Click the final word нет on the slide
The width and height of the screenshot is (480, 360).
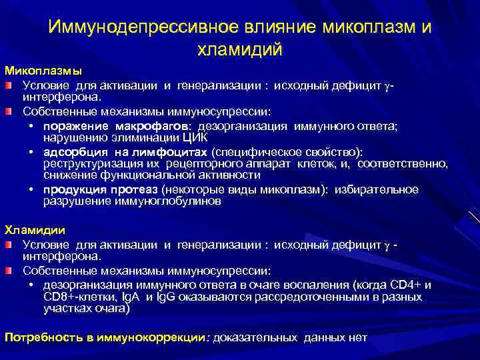(357, 337)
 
